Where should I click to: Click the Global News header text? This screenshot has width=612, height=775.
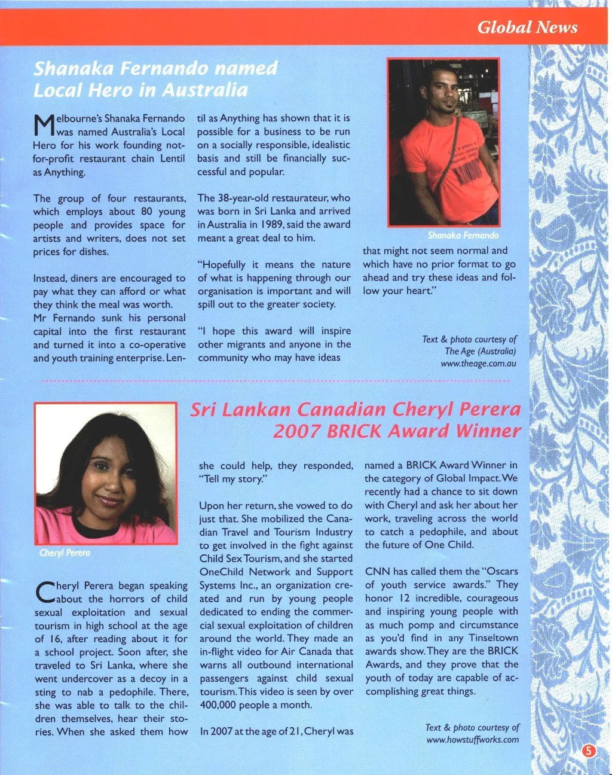(527, 27)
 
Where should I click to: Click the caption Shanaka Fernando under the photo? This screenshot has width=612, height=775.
(463, 235)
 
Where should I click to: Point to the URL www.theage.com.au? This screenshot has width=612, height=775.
(478, 363)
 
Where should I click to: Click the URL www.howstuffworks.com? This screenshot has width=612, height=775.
(472, 740)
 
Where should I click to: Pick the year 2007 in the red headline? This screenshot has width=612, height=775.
(294, 431)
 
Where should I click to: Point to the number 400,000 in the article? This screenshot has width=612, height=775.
(219, 704)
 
